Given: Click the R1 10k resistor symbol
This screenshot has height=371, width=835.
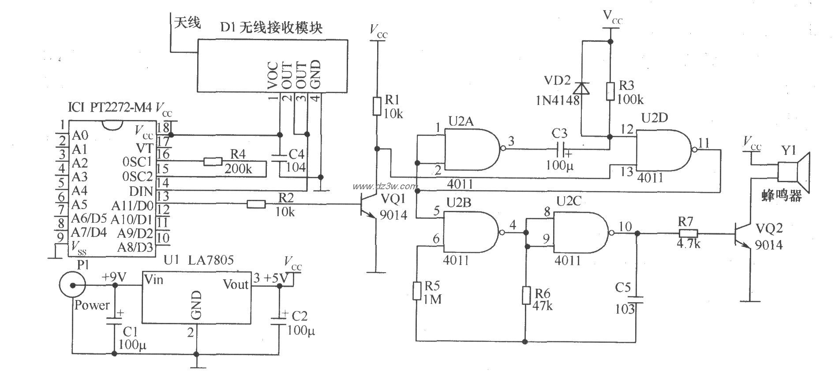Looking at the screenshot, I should tap(377, 106).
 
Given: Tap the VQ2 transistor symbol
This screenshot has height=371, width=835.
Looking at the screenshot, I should tap(744, 238).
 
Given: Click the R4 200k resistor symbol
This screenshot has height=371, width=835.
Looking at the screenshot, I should tap(213, 162).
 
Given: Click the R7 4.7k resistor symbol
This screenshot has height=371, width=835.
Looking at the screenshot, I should tap(688, 234).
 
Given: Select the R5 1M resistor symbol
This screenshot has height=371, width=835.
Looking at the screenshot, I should tap(416, 291).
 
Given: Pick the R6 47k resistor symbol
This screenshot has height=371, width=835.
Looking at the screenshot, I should tap(526, 295).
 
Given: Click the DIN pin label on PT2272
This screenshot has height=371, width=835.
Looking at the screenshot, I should tap(141, 191).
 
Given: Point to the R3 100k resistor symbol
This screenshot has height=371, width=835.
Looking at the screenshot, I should tap(610, 91).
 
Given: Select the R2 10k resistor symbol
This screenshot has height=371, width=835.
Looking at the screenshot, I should tap(256, 203).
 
